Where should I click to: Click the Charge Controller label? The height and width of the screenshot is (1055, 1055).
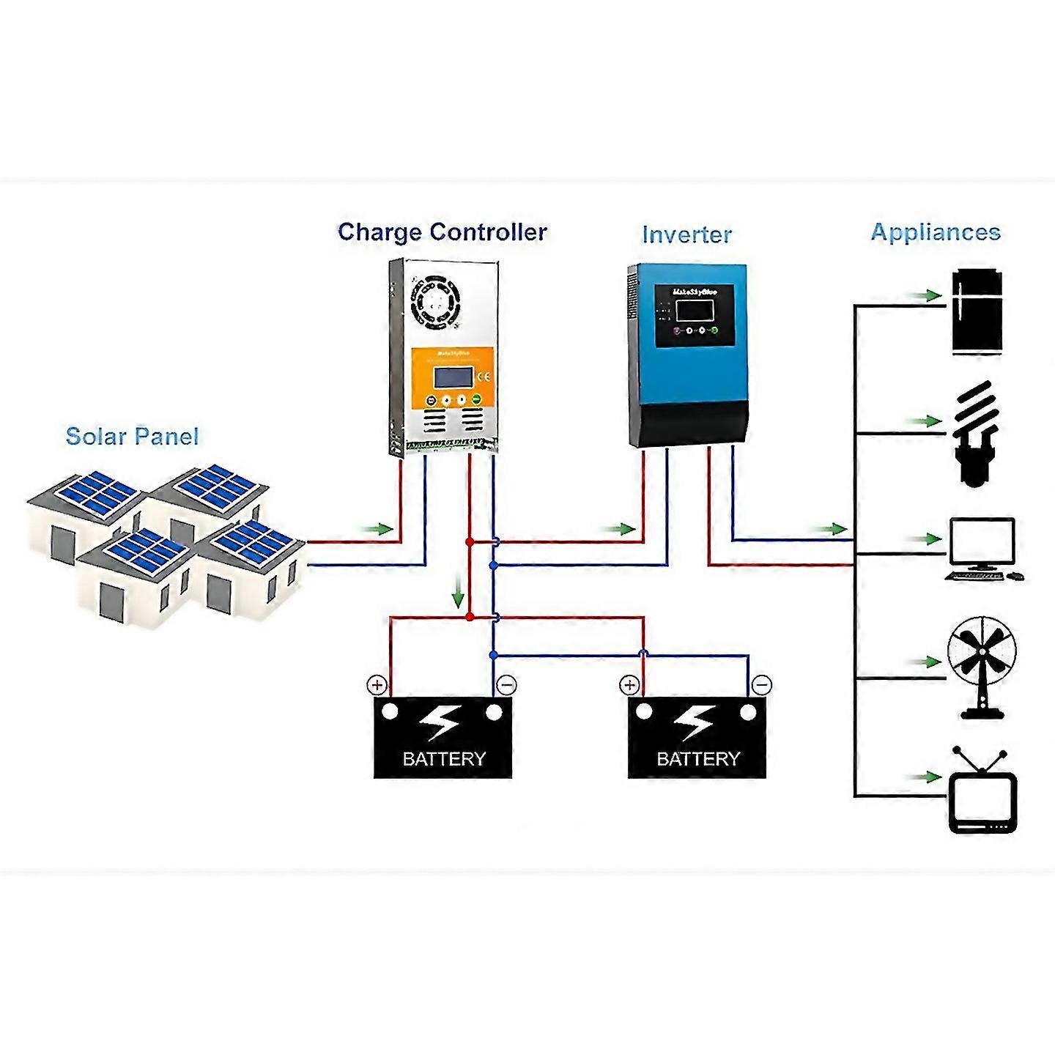coord(442,232)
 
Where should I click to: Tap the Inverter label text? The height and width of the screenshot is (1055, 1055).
coord(686,234)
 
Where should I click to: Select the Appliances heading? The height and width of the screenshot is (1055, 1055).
coord(936,232)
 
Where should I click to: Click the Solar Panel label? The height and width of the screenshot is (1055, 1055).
coord(132,437)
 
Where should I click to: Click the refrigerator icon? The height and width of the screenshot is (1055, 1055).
coord(976,313)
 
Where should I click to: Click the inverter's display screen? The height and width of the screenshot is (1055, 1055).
coord(695,310)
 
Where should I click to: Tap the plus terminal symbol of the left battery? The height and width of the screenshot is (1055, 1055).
coord(377,686)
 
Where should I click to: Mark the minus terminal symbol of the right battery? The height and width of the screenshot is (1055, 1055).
coord(762,685)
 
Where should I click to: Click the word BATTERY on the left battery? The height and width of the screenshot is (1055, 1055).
coord(444,759)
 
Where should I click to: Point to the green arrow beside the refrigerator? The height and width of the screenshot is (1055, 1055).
coord(928,296)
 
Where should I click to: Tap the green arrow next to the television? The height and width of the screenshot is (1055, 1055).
coord(928,777)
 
